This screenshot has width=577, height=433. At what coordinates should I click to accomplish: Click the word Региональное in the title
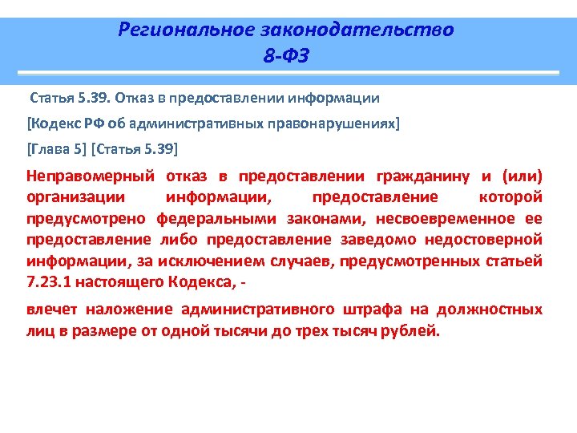(186, 30)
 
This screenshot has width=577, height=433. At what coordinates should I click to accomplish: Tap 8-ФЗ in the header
(285, 56)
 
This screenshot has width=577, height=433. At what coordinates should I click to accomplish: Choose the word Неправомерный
(88, 176)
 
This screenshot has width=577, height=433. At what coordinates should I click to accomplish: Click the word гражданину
(423, 176)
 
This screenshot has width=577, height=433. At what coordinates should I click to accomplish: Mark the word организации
(75, 197)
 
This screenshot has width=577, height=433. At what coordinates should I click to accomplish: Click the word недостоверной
(492, 239)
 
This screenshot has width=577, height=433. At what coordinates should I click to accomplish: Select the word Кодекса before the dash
(200, 281)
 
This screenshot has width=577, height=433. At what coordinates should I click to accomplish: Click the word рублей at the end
(414, 330)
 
